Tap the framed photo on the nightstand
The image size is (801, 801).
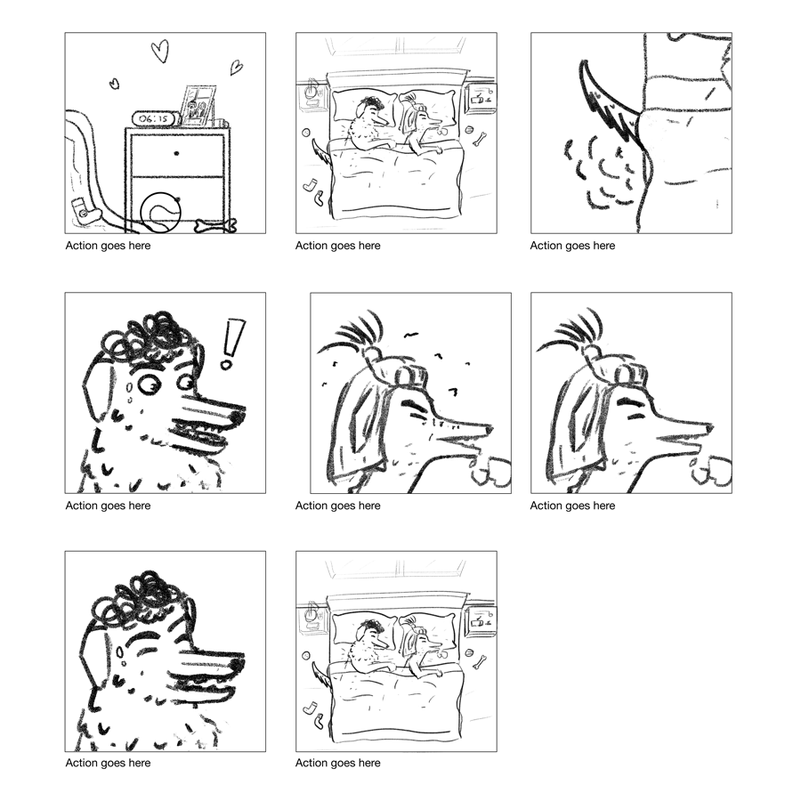click(198, 106)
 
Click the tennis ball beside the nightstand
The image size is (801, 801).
click(161, 213)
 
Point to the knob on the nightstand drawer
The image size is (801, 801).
click(176, 153)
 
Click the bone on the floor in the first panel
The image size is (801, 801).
click(216, 225)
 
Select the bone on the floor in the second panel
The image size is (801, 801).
click(480, 139)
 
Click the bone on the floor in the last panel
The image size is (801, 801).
click(480, 662)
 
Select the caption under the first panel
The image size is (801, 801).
click(108, 246)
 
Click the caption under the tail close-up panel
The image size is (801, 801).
click(572, 246)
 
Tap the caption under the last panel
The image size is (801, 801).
click(337, 764)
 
